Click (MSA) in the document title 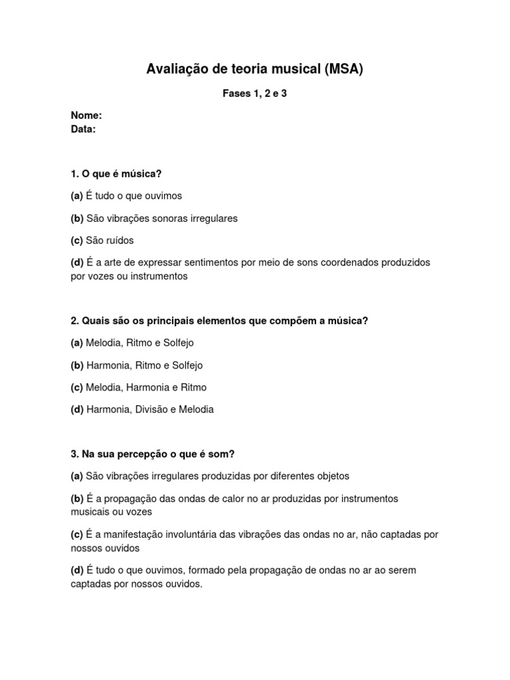(344, 69)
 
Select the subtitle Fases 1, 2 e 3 (254, 94)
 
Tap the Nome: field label (86, 116)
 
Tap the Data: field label (84, 129)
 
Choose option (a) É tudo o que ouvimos (126, 196)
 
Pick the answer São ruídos (110, 240)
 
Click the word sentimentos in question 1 (212, 262)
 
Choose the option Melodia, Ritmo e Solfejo (139, 343)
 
